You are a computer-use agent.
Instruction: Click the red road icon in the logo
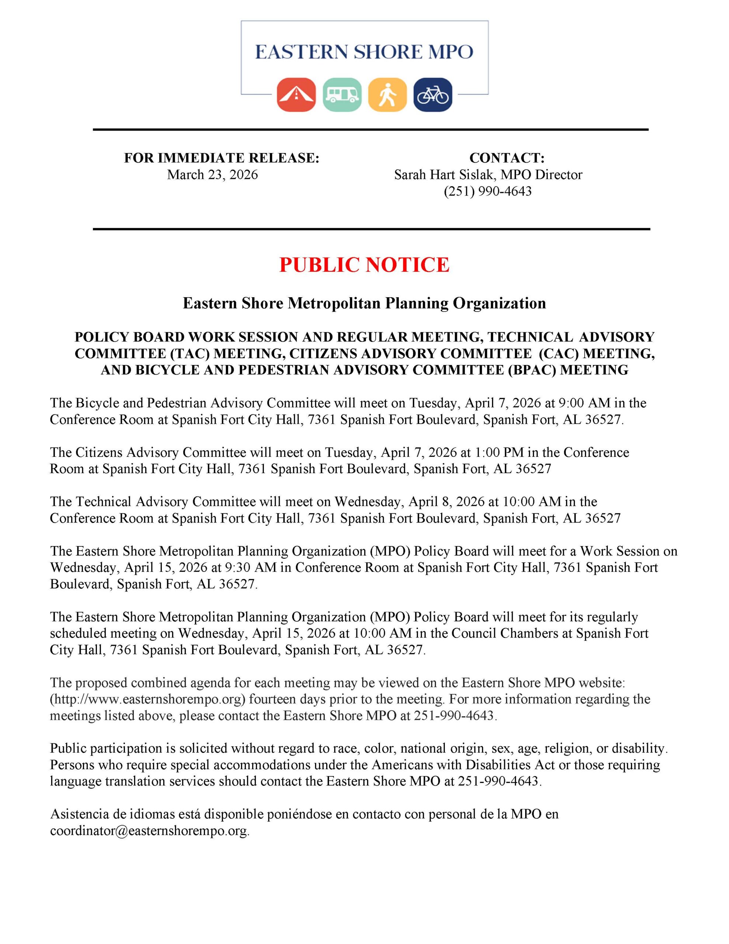pyautogui.click(x=296, y=95)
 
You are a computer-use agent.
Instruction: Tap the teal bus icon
pyautogui.click(x=342, y=95)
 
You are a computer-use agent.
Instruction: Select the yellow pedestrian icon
pyautogui.click(x=387, y=95)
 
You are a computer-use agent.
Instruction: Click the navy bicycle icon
pyautogui.click(x=433, y=95)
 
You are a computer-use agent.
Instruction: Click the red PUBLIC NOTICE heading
pyautogui.click(x=364, y=264)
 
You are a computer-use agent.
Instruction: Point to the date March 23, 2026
pyautogui.click(x=212, y=175)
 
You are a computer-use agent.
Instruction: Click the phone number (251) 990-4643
pyautogui.click(x=488, y=191)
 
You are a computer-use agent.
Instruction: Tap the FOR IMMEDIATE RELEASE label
pyautogui.click(x=221, y=158)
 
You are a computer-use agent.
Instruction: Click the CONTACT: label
pyautogui.click(x=506, y=158)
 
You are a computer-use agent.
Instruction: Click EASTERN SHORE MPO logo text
pyautogui.click(x=364, y=52)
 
